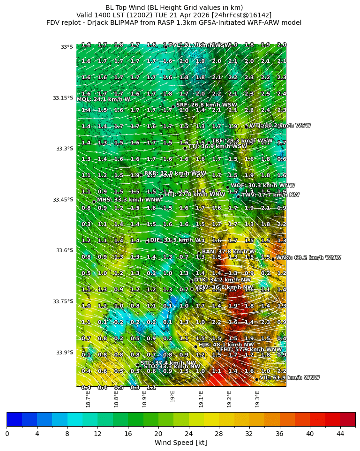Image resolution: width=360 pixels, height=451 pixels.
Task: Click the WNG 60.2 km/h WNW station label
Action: click(308, 257)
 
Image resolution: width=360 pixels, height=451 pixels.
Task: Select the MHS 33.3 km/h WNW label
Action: click(129, 200)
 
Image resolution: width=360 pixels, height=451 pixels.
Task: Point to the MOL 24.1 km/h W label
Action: click(103, 99)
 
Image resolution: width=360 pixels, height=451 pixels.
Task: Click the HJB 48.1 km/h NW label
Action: click(226, 345)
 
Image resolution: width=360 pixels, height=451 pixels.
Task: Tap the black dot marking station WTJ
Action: click(246, 127)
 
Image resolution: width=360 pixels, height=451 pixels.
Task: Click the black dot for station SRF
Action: click(173, 106)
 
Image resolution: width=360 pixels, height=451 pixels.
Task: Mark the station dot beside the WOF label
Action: click(228, 187)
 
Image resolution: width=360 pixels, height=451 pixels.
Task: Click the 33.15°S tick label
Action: click(63, 98)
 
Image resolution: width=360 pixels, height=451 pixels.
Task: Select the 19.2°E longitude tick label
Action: click(230, 398)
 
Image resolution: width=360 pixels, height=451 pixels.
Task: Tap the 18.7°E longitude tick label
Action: click(88, 398)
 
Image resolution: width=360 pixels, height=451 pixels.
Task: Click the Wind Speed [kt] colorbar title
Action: click(181, 443)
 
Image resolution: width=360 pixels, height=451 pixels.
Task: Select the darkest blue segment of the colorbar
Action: click(14, 419)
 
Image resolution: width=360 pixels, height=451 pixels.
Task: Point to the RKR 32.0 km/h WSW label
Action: click(175, 173)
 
